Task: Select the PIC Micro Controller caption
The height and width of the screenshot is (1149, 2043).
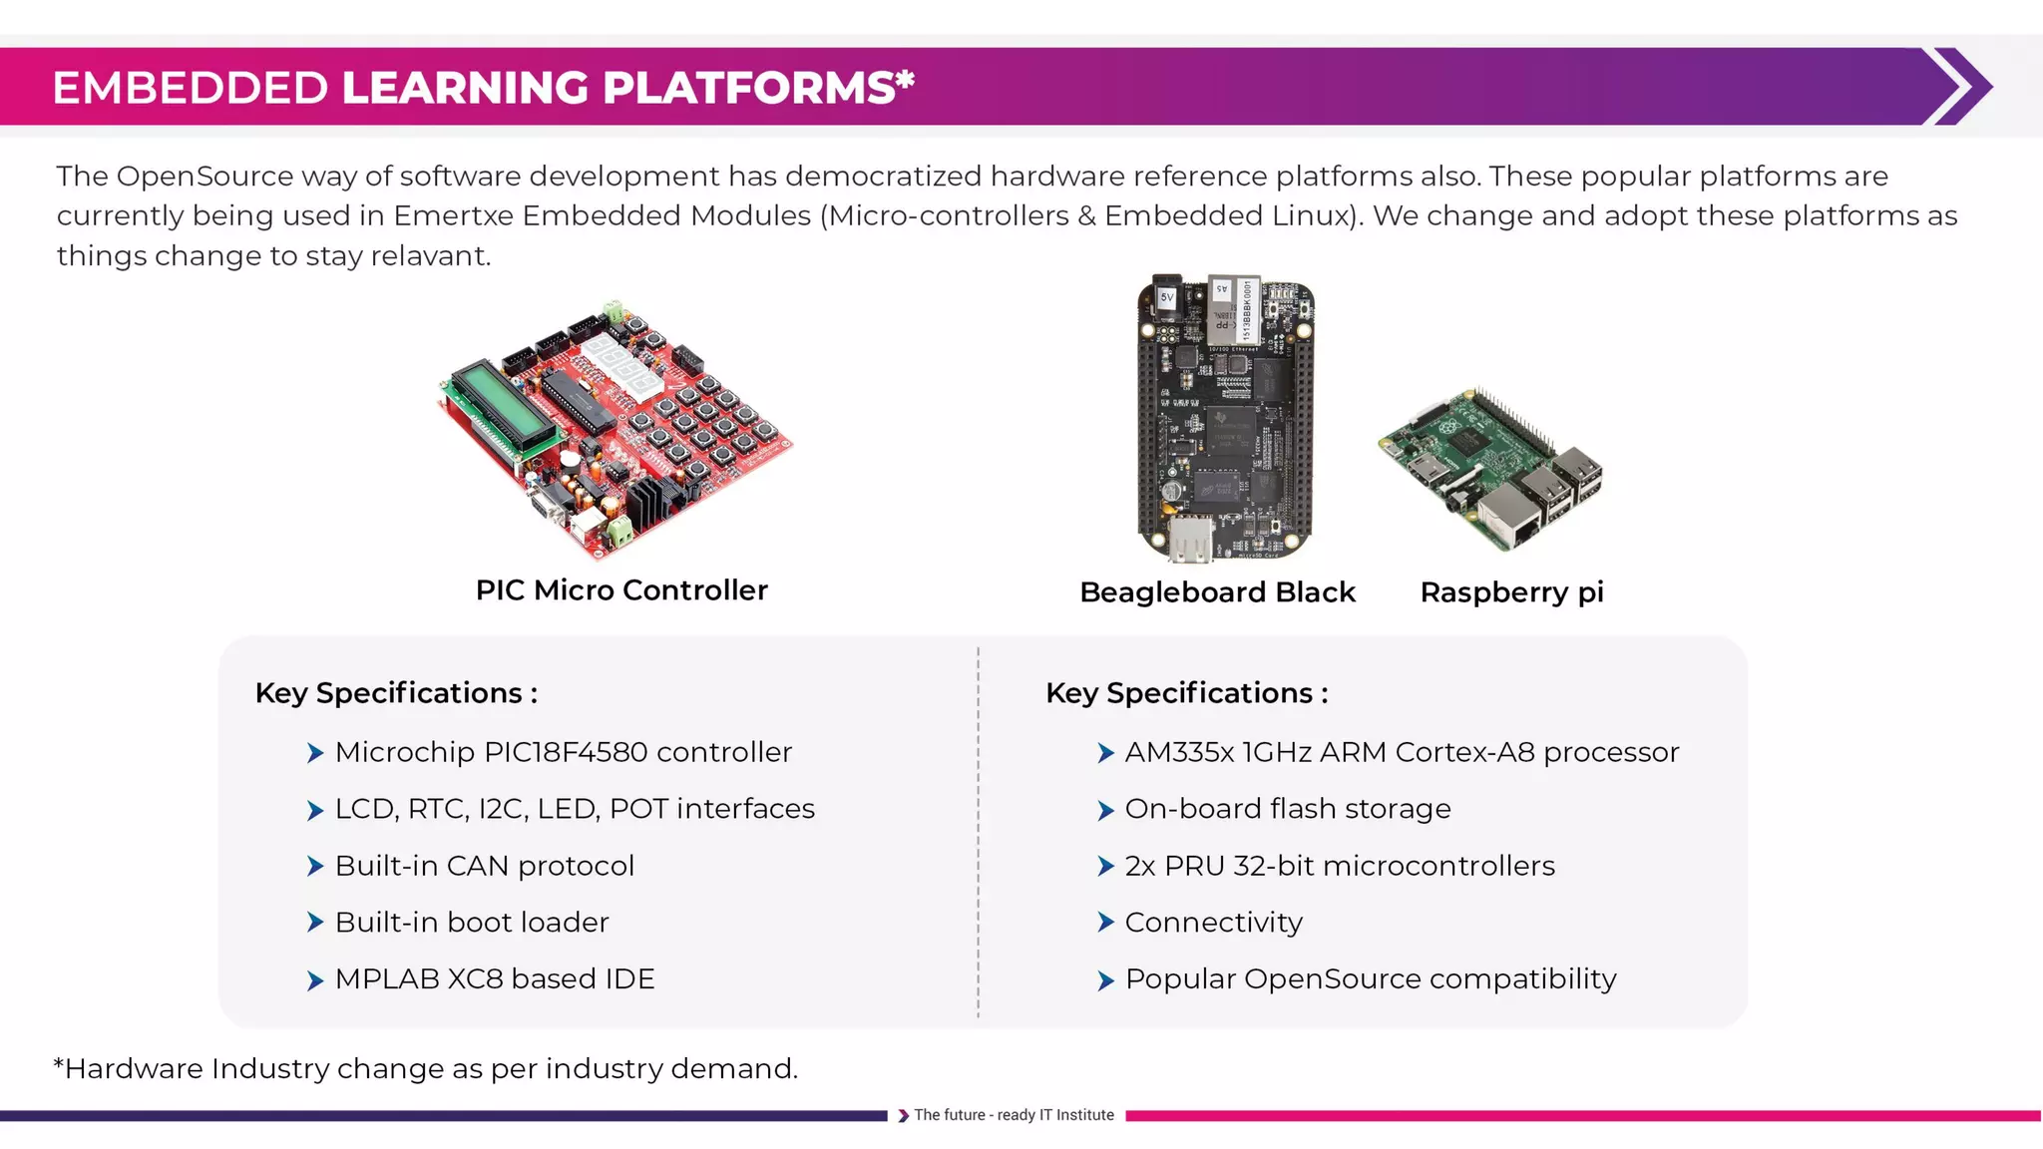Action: (x=621, y=590)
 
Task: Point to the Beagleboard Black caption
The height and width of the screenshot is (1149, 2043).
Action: (x=1217, y=592)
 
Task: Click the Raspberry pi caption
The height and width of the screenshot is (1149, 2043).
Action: (x=1511, y=592)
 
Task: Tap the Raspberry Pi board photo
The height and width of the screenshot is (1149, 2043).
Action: (x=1492, y=469)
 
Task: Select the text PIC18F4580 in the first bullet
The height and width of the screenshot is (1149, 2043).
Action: (x=565, y=752)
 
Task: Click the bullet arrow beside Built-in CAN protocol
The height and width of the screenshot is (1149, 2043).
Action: (x=315, y=867)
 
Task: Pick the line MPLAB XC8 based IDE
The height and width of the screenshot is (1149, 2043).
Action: (x=495, y=979)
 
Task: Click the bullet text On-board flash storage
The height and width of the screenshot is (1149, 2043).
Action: (x=1287, y=809)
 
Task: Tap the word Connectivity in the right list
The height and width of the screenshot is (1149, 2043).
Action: (x=1213, y=923)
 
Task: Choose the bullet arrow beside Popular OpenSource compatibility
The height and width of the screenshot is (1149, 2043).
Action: (x=1105, y=980)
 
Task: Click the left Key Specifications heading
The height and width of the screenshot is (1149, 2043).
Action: (x=396, y=693)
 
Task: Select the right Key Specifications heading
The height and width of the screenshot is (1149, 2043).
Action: (x=1186, y=693)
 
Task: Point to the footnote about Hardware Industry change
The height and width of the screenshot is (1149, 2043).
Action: (x=426, y=1069)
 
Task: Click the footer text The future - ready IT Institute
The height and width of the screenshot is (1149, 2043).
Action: (x=1014, y=1115)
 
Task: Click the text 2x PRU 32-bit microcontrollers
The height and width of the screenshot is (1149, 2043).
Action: (x=1339, y=866)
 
